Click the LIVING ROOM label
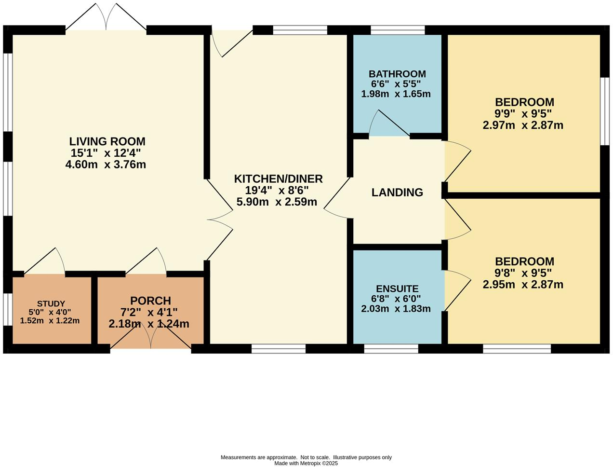click(107, 141)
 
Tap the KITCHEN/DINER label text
click(278, 179)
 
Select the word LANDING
click(397, 192)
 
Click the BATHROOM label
click(397, 74)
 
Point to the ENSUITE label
click(397, 289)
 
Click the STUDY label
click(51, 303)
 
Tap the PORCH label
click(150, 301)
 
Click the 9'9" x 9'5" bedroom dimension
click(524, 114)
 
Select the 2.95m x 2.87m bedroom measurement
click(523, 285)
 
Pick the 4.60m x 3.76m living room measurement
click(106, 165)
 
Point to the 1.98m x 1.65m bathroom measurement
click(396, 94)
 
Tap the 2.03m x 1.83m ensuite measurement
click(396, 309)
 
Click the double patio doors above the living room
click(106, 18)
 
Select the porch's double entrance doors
click(151, 336)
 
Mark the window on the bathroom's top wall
click(398, 30)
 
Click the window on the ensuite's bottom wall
click(391, 349)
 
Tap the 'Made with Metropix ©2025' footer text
click(306, 463)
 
